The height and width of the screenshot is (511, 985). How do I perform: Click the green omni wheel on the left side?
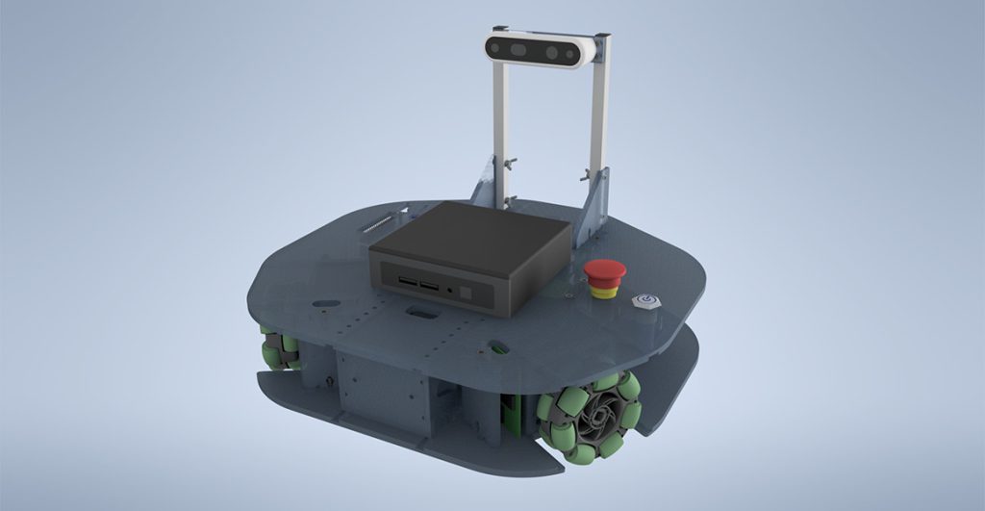coord(279,350)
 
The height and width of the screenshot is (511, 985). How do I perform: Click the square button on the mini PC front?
coord(467,291)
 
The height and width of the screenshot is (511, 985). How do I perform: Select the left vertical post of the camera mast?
coord(499,125)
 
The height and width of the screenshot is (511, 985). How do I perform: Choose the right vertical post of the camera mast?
coord(598,125)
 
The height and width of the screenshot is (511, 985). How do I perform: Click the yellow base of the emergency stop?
coord(605,292)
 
